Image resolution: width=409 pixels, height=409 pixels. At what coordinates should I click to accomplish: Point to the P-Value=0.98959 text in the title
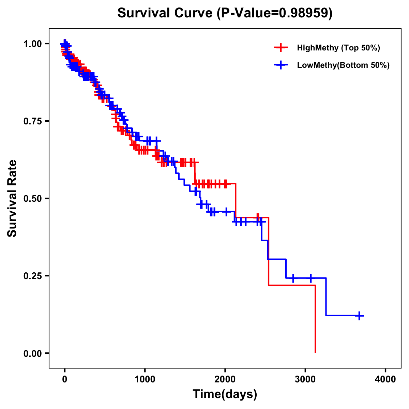click(x=276, y=13)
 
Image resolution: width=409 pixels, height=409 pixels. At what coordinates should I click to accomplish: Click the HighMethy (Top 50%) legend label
click(x=338, y=48)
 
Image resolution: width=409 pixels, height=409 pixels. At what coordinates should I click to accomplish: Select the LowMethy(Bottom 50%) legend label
click(x=343, y=65)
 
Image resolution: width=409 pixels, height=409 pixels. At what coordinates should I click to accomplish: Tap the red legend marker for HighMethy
click(x=281, y=48)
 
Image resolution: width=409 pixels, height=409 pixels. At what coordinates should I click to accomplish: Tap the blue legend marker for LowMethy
click(x=281, y=65)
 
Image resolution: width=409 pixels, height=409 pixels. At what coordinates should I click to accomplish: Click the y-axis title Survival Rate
click(x=12, y=198)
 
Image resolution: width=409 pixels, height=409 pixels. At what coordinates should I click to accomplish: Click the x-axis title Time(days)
click(x=225, y=394)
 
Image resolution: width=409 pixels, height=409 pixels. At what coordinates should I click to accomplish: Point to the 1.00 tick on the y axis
click(x=32, y=44)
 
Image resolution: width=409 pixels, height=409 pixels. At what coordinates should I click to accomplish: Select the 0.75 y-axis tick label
click(x=32, y=121)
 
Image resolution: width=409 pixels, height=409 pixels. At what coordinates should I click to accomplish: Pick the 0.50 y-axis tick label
click(x=32, y=198)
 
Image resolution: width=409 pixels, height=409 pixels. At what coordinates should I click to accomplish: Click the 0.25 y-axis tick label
click(x=32, y=276)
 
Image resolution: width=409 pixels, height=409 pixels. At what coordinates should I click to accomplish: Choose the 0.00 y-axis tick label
click(x=32, y=353)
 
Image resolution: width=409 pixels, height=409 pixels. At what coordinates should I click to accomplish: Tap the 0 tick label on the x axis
click(x=64, y=379)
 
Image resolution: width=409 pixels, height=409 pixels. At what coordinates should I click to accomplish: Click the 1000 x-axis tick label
click(x=145, y=379)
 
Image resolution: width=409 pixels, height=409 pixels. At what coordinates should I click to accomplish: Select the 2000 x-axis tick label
click(x=225, y=379)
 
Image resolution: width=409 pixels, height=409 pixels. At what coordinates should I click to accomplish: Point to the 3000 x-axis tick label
click(x=305, y=379)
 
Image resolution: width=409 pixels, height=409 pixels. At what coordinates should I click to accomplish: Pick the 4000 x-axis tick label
click(x=385, y=379)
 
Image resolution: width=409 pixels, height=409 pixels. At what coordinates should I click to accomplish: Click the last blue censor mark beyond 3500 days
click(x=359, y=316)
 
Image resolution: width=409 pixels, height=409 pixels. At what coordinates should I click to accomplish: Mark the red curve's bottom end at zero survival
click(x=315, y=352)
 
